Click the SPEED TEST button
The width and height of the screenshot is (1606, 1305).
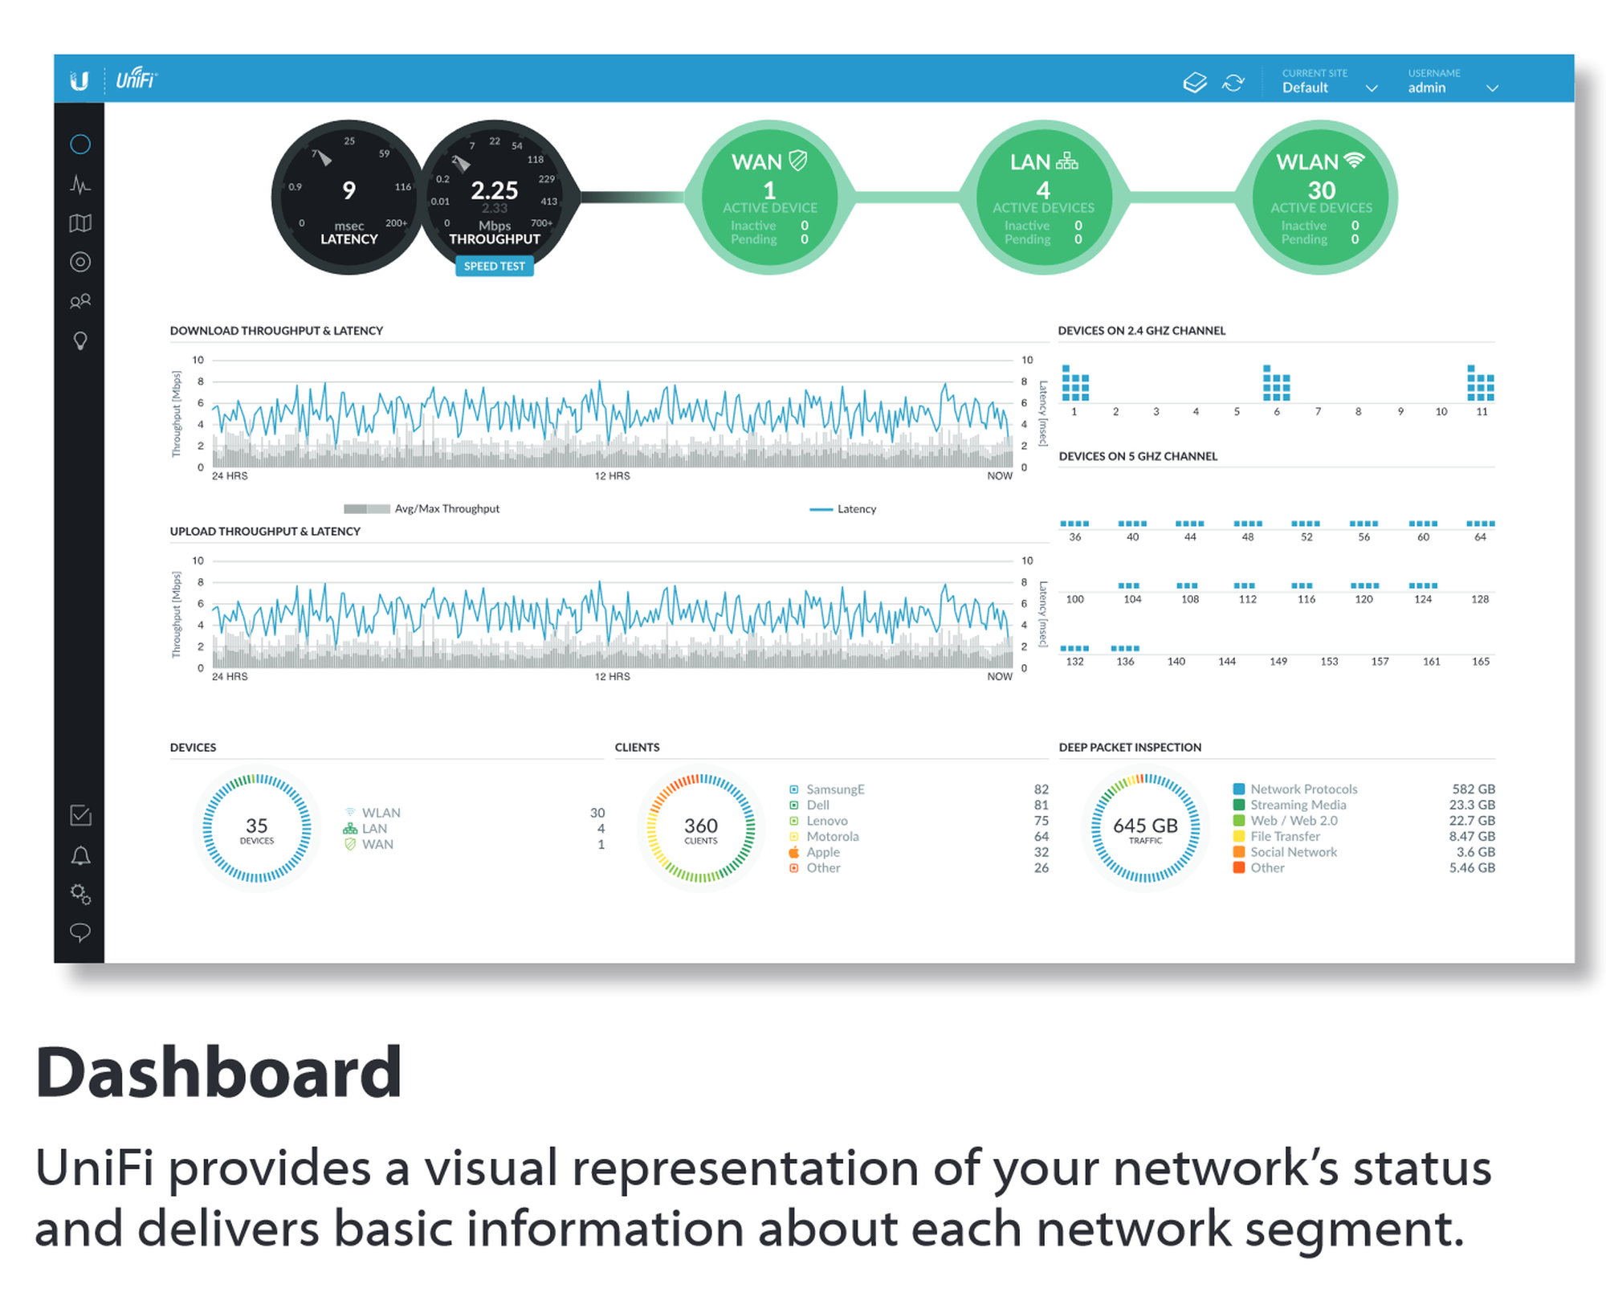[x=494, y=266]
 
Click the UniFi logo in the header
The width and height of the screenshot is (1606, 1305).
[x=136, y=80]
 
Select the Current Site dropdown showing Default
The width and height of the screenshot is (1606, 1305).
[x=1329, y=82]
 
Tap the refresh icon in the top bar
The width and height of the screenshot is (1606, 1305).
[x=1233, y=83]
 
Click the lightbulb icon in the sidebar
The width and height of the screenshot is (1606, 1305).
[x=80, y=341]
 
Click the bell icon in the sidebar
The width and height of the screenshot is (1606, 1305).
[x=80, y=855]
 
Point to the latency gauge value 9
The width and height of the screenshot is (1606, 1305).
[x=349, y=190]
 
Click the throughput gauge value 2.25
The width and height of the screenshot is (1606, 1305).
[x=494, y=190]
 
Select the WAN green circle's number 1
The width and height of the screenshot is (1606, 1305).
[x=769, y=190]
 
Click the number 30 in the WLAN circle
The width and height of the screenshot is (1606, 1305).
[x=1321, y=190]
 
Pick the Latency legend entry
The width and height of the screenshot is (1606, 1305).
[x=856, y=509]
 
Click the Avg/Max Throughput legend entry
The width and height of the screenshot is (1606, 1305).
[x=446, y=509]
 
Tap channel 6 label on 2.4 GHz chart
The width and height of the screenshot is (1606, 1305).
[x=1276, y=412]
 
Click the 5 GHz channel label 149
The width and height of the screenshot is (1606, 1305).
[x=1278, y=662]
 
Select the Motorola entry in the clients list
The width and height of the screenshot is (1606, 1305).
[x=832, y=837]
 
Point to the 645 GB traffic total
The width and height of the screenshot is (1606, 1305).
[x=1145, y=826]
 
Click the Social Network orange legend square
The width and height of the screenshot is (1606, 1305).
[x=1239, y=852]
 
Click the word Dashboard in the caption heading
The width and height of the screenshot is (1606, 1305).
[x=218, y=1073]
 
